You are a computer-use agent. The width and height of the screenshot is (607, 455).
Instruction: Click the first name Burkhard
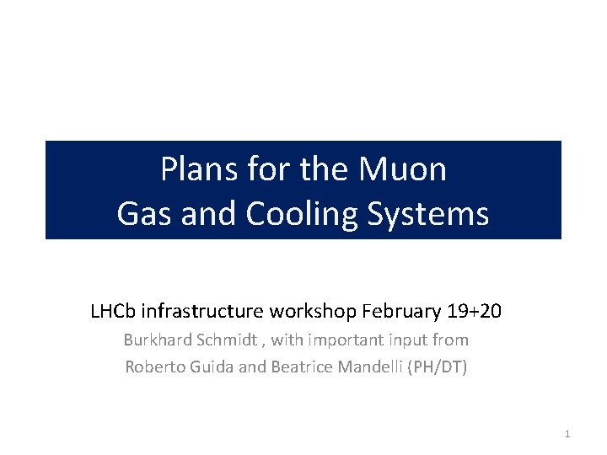tap(158, 340)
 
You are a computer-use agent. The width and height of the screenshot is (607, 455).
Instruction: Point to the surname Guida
tap(209, 367)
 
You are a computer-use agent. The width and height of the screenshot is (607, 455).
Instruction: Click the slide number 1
tap(567, 433)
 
